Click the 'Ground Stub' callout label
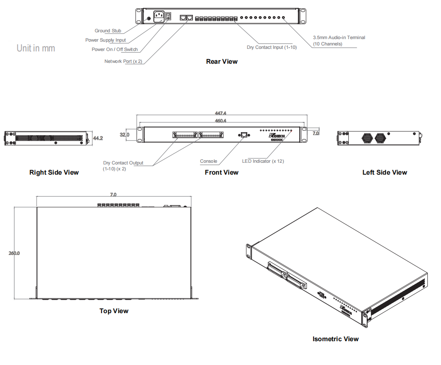point(107,31)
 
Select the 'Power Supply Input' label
point(105,40)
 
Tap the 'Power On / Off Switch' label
point(115,49)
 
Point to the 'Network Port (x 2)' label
point(123,61)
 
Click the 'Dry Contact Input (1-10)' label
point(271,47)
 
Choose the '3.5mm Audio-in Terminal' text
point(339,37)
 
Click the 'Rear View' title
point(222,62)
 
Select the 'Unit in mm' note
point(36,48)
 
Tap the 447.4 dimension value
point(221,113)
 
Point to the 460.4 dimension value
point(221,121)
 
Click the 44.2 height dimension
point(98,138)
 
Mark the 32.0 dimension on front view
point(124,135)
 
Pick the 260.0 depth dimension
point(14,253)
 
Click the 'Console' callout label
point(209,161)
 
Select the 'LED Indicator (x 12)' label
point(263,161)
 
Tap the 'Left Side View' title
point(384,173)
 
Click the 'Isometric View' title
point(335,339)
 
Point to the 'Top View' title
point(114,311)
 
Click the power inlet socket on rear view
point(159,17)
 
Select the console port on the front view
point(245,135)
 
